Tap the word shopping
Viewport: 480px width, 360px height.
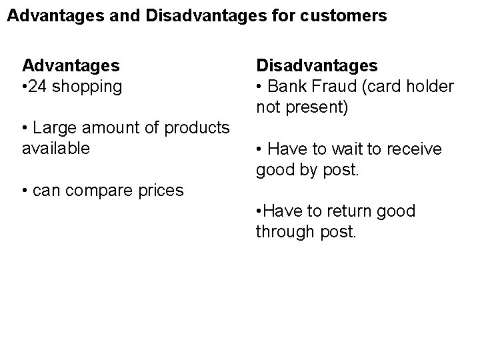pos(89,87)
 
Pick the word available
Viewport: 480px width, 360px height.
pos(55,147)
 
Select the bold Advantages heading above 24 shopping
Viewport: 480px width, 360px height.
pos(71,65)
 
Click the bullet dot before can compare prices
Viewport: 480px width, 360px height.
pos(25,191)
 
